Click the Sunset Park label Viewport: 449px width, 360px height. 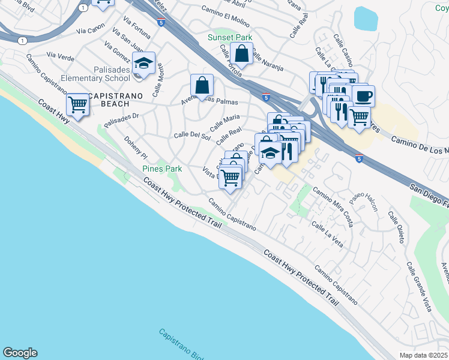[x=230, y=37]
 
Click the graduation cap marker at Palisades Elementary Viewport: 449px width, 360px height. [x=143, y=63]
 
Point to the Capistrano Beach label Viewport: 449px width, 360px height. [x=109, y=100]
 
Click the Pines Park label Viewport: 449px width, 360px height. [x=162, y=169]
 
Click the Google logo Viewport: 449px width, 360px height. [x=20, y=353]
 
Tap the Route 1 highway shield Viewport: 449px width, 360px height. [x=22, y=40]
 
